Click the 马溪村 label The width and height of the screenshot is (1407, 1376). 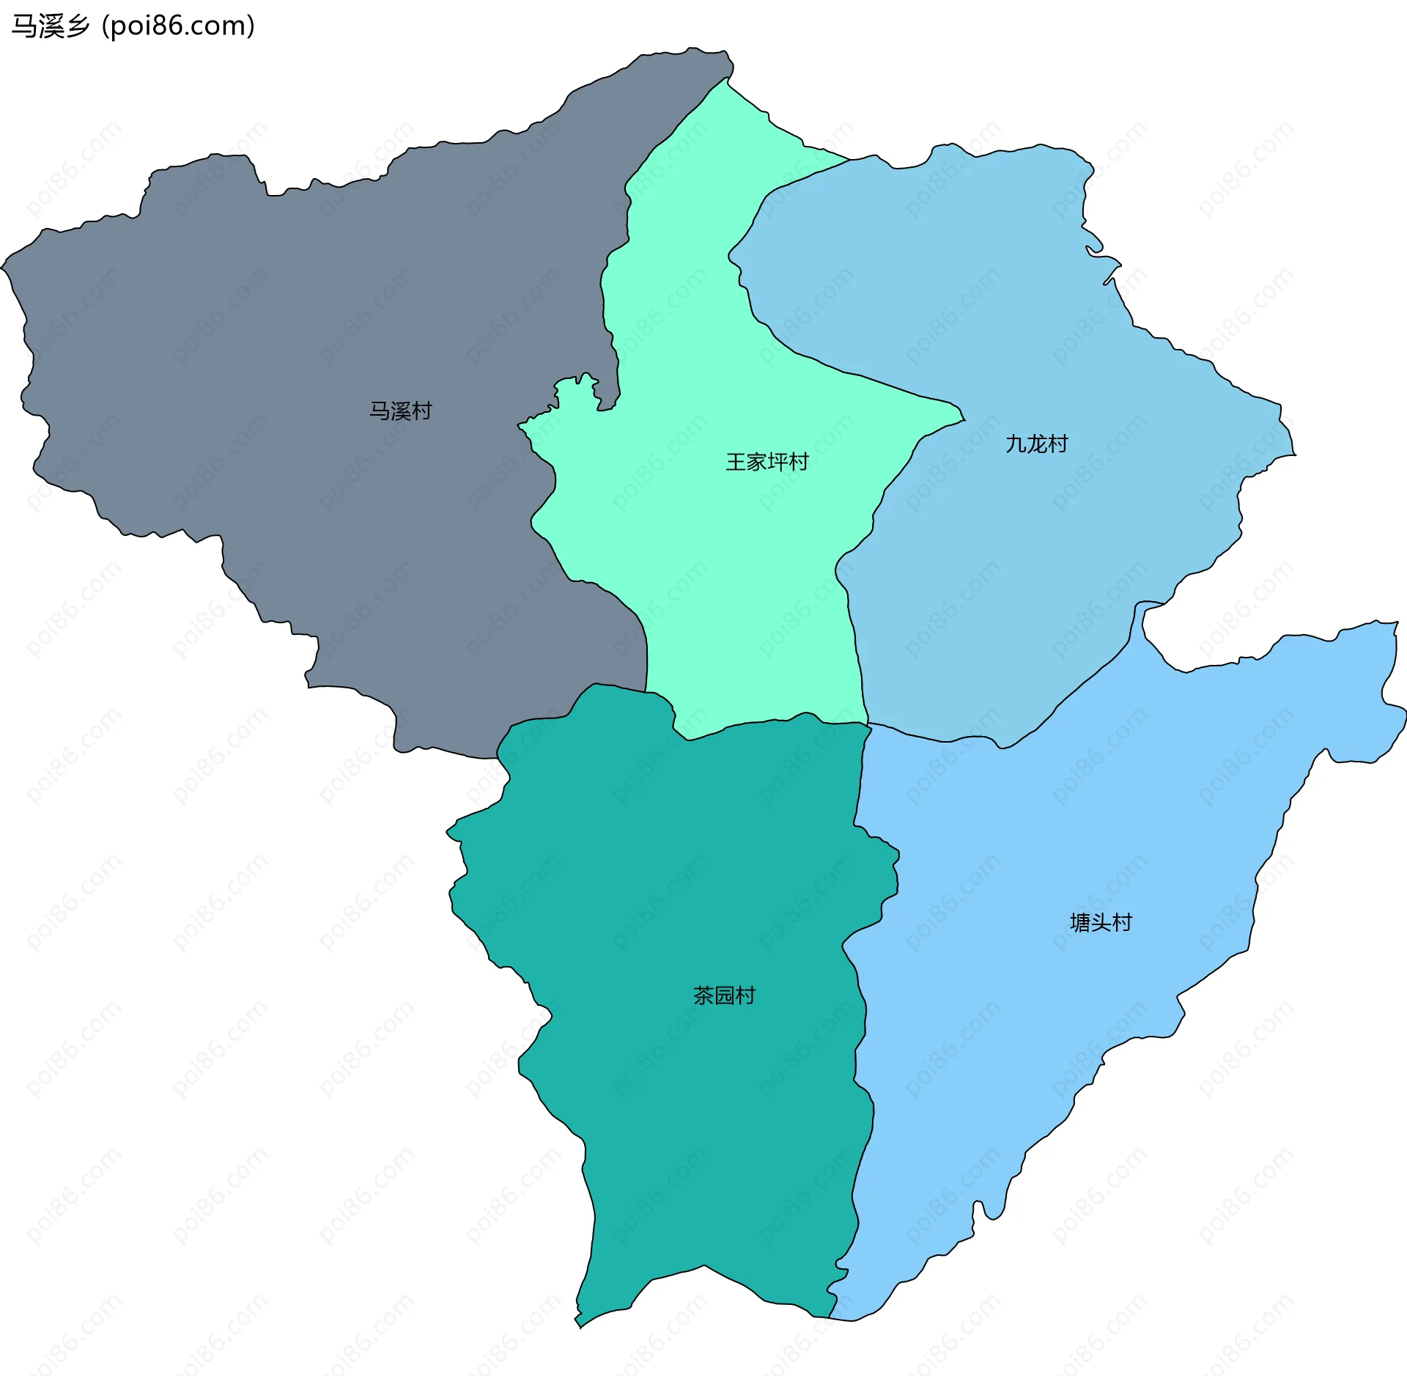pyautogui.click(x=400, y=411)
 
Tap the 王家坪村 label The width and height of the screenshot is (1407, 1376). pyautogui.click(x=767, y=462)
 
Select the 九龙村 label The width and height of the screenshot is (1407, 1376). pyautogui.click(x=1036, y=444)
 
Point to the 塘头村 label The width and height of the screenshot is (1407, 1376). pyautogui.click(x=1101, y=922)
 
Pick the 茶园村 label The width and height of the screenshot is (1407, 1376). pyautogui.click(x=724, y=995)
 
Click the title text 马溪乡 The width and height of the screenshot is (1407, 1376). pyautogui.click(x=51, y=26)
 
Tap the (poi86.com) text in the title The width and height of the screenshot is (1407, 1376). pyautogui.click(x=178, y=26)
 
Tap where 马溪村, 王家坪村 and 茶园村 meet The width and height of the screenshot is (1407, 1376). pyautogui.click(x=646, y=691)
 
